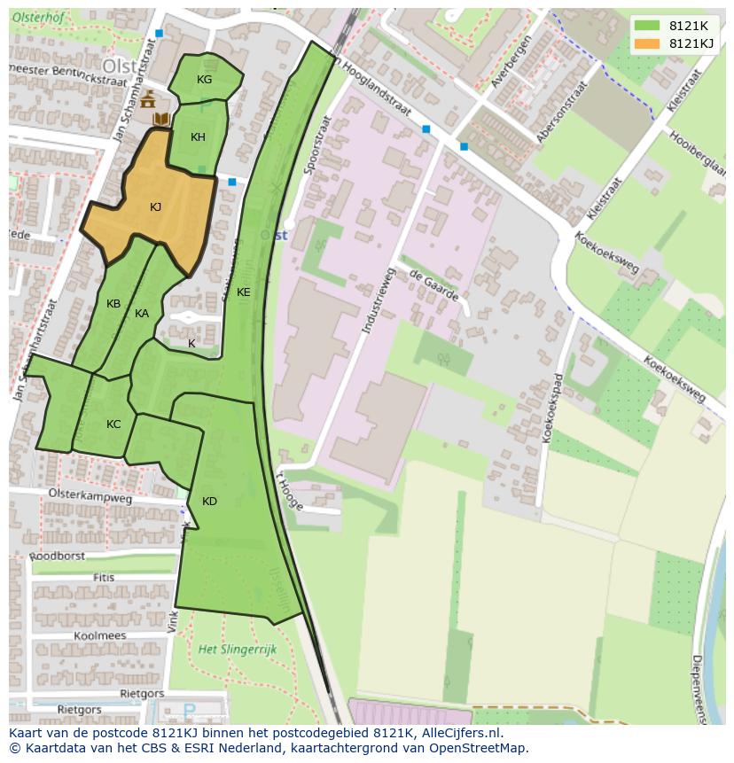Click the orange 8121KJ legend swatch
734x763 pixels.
click(x=647, y=43)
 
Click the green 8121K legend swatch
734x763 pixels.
click(x=647, y=26)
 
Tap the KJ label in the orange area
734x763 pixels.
click(x=155, y=207)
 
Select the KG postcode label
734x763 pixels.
click(x=204, y=80)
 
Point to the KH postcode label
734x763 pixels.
click(x=198, y=137)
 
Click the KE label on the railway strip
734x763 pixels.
click(x=243, y=292)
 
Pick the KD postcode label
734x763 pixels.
click(x=209, y=502)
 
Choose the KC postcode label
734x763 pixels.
click(x=113, y=424)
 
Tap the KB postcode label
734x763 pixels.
click(x=113, y=304)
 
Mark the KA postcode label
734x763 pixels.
click(x=142, y=314)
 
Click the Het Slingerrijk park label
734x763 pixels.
click(x=238, y=650)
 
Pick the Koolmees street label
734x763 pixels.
click(x=99, y=635)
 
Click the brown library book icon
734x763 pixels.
click(x=160, y=118)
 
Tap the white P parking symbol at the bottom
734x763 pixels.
click(x=188, y=711)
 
